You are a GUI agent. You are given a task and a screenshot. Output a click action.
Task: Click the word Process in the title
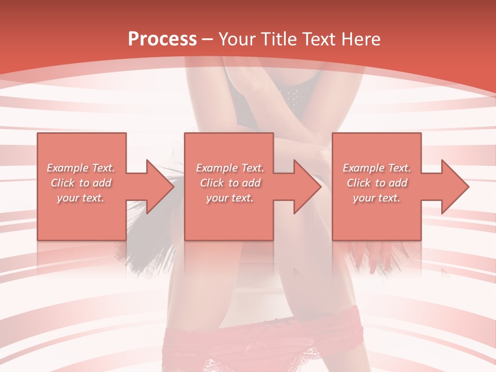162,39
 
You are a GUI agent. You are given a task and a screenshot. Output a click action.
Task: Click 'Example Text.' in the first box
81,168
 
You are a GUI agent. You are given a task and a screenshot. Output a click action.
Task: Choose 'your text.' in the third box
377,198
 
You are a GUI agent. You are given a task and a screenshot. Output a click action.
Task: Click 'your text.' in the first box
81,198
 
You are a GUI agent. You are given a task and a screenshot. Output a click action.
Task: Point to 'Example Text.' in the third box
377,168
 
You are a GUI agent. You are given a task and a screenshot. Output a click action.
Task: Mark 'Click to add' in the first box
81,183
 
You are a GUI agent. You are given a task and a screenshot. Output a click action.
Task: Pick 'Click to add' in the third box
377,183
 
